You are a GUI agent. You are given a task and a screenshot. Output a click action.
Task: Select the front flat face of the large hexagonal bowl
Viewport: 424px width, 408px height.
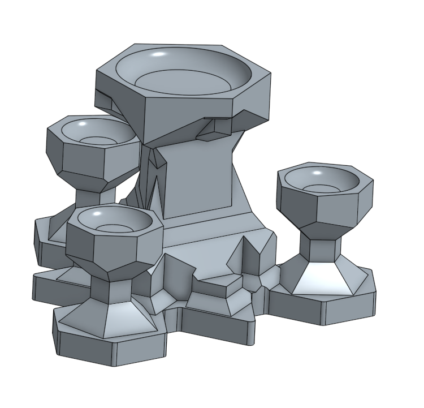[x=189, y=116]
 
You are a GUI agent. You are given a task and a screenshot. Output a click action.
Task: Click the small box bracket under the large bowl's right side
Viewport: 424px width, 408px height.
[x=214, y=131]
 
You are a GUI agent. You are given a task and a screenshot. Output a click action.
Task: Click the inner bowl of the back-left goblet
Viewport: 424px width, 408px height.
[x=93, y=134]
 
